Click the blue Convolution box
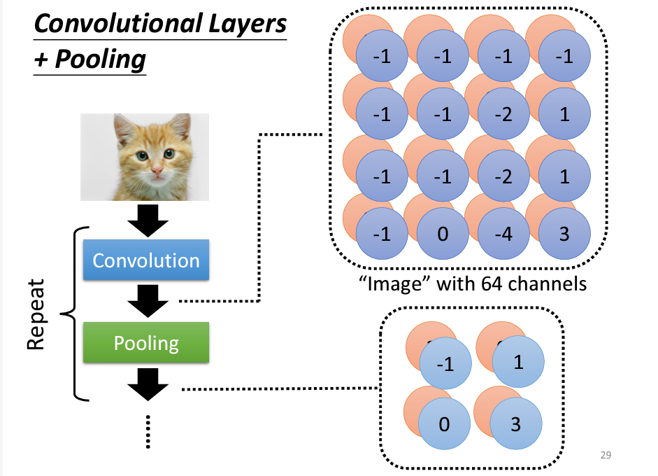tap(146, 261)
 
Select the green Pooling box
tap(146, 343)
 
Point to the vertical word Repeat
tap(36, 316)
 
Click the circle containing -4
tap(504, 233)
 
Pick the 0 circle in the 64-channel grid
tap(443, 233)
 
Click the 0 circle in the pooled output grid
tap(445, 424)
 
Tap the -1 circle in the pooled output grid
tap(445, 364)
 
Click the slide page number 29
tap(606, 456)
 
